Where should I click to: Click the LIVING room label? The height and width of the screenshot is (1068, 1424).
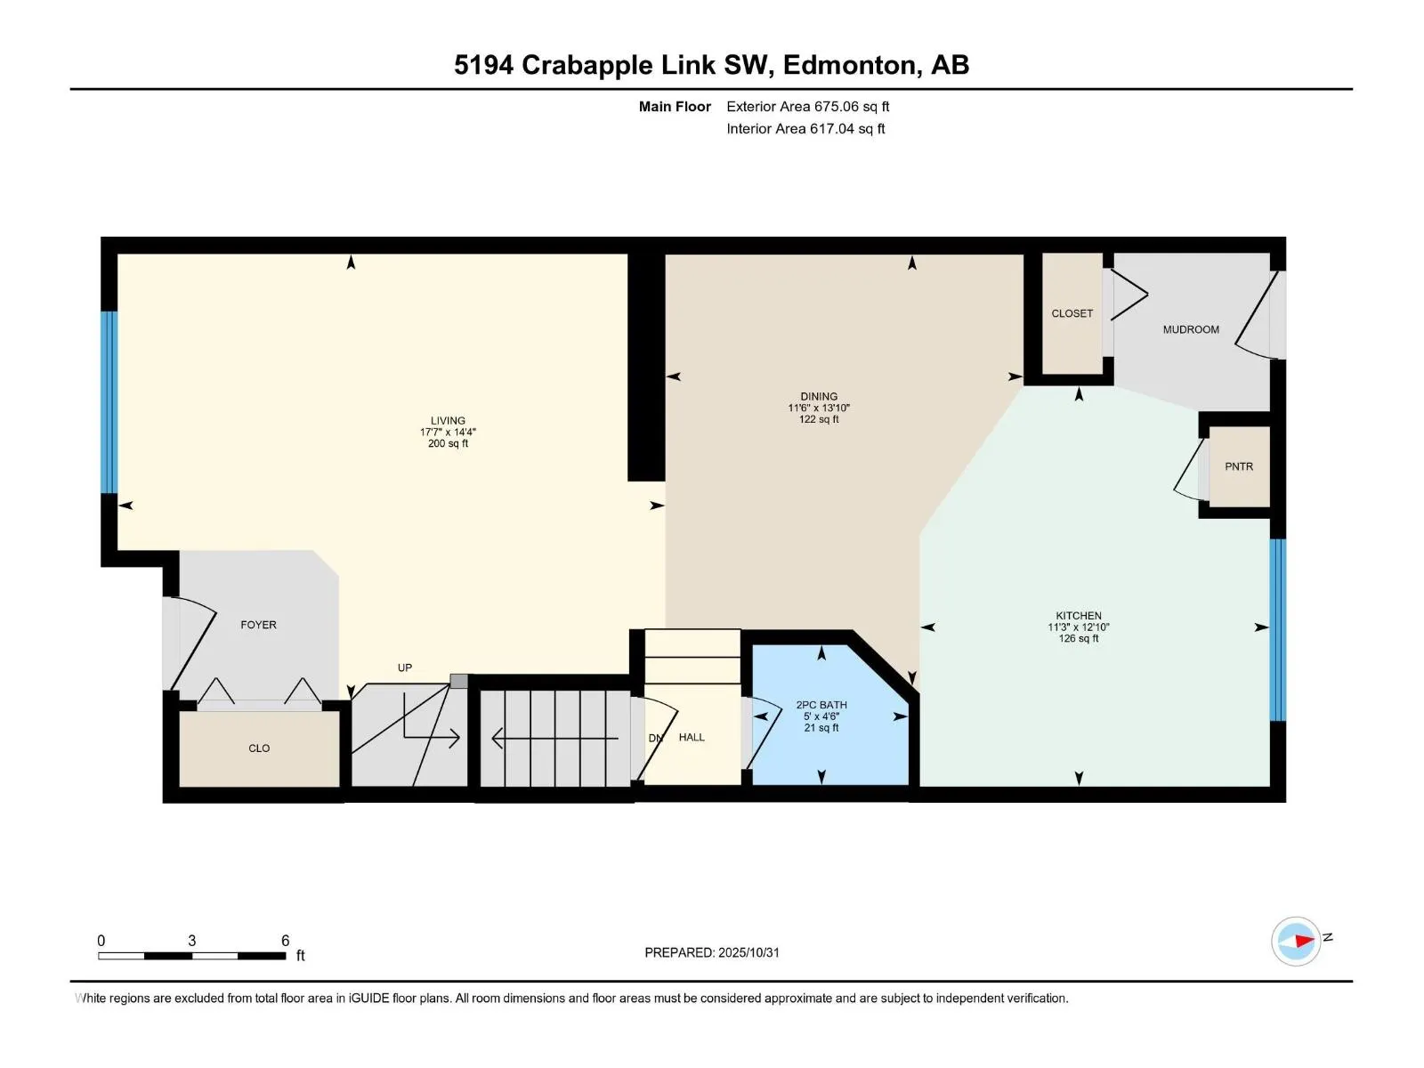click(x=448, y=421)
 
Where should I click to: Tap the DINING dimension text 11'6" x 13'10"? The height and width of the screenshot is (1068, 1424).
click(x=819, y=409)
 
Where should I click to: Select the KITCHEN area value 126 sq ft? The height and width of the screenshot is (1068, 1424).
click(x=1079, y=638)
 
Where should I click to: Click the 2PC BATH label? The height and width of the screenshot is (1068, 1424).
click(x=821, y=705)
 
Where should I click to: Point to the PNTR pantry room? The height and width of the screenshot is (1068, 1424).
click(x=1238, y=466)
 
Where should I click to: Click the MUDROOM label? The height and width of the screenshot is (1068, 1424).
click(x=1191, y=329)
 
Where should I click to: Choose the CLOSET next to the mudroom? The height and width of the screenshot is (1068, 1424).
click(x=1072, y=313)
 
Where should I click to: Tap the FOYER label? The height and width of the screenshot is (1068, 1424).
click(x=258, y=625)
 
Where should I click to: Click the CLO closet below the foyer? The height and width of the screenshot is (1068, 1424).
click(x=259, y=748)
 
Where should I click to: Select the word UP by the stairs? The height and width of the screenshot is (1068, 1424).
click(x=405, y=667)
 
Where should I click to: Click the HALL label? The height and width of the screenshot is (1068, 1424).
click(x=692, y=737)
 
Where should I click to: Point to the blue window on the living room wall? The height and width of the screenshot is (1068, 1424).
click(x=109, y=402)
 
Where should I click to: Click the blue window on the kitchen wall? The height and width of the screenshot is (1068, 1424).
click(x=1277, y=629)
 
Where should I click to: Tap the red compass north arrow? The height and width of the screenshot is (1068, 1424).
click(x=1304, y=941)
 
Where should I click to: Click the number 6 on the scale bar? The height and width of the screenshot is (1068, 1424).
click(x=285, y=941)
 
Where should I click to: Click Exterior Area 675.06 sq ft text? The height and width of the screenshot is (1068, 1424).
click(x=807, y=107)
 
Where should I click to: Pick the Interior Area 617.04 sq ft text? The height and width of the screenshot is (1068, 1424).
click(x=805, y=129)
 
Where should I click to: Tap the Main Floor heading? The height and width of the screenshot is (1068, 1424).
click(x=675, y=107)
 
